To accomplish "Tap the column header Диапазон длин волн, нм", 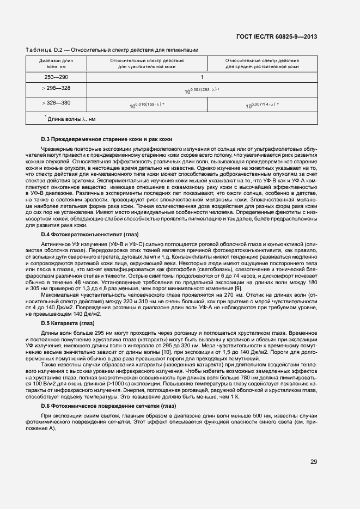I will (x=56, y=64).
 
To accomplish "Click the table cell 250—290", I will (x=56, y=77).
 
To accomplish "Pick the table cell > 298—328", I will (x=56, y=88).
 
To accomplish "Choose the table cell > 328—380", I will (x=56, y=102).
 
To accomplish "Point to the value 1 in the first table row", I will (x=202, y=77).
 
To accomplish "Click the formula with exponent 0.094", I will (x=202, y=90).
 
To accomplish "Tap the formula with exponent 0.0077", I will (x=262, y=105).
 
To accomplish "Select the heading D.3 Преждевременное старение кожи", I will (x=107, y=139).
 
